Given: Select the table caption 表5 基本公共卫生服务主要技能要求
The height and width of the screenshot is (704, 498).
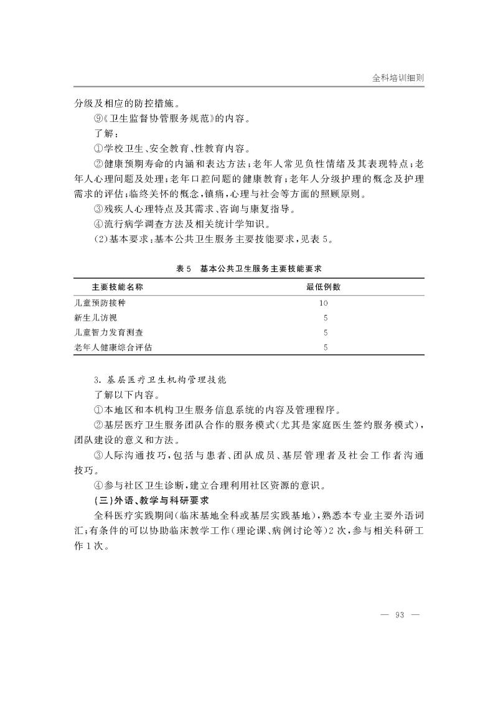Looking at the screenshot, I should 252,268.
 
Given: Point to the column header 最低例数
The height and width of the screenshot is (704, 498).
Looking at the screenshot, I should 323,287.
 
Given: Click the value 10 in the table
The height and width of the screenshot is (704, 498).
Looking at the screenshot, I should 323,303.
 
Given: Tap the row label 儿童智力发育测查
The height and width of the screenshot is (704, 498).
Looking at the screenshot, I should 108,332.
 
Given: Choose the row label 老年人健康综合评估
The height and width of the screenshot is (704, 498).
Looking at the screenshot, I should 113,347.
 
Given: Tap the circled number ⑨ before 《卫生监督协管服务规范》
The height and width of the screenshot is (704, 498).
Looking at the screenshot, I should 98,118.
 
